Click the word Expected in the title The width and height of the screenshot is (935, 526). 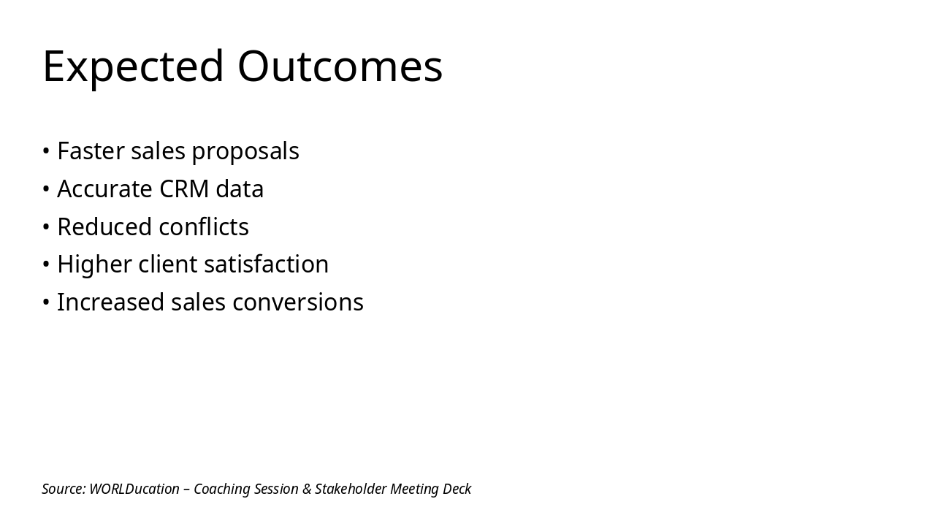point(133,67)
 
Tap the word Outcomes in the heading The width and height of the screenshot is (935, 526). point(340,67)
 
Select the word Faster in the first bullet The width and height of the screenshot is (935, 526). point(91,151)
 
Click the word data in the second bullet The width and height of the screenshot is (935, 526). point(245,189)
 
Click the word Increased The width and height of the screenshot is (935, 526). point(110,302)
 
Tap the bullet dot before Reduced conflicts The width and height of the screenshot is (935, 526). point(46,227)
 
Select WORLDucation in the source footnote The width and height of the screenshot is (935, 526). point(134,489)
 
